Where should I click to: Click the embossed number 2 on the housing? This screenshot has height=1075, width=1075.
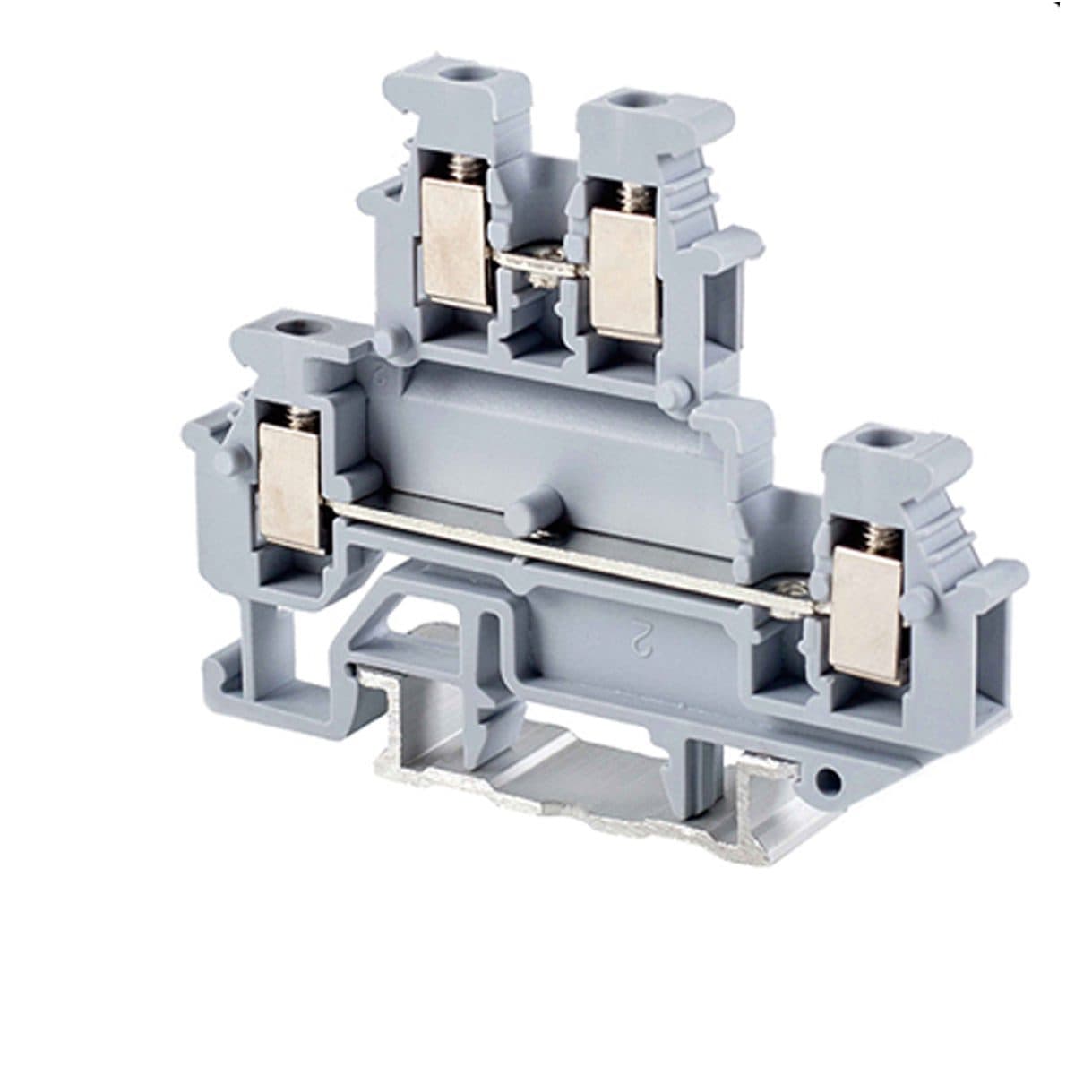(x=640, y=636)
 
